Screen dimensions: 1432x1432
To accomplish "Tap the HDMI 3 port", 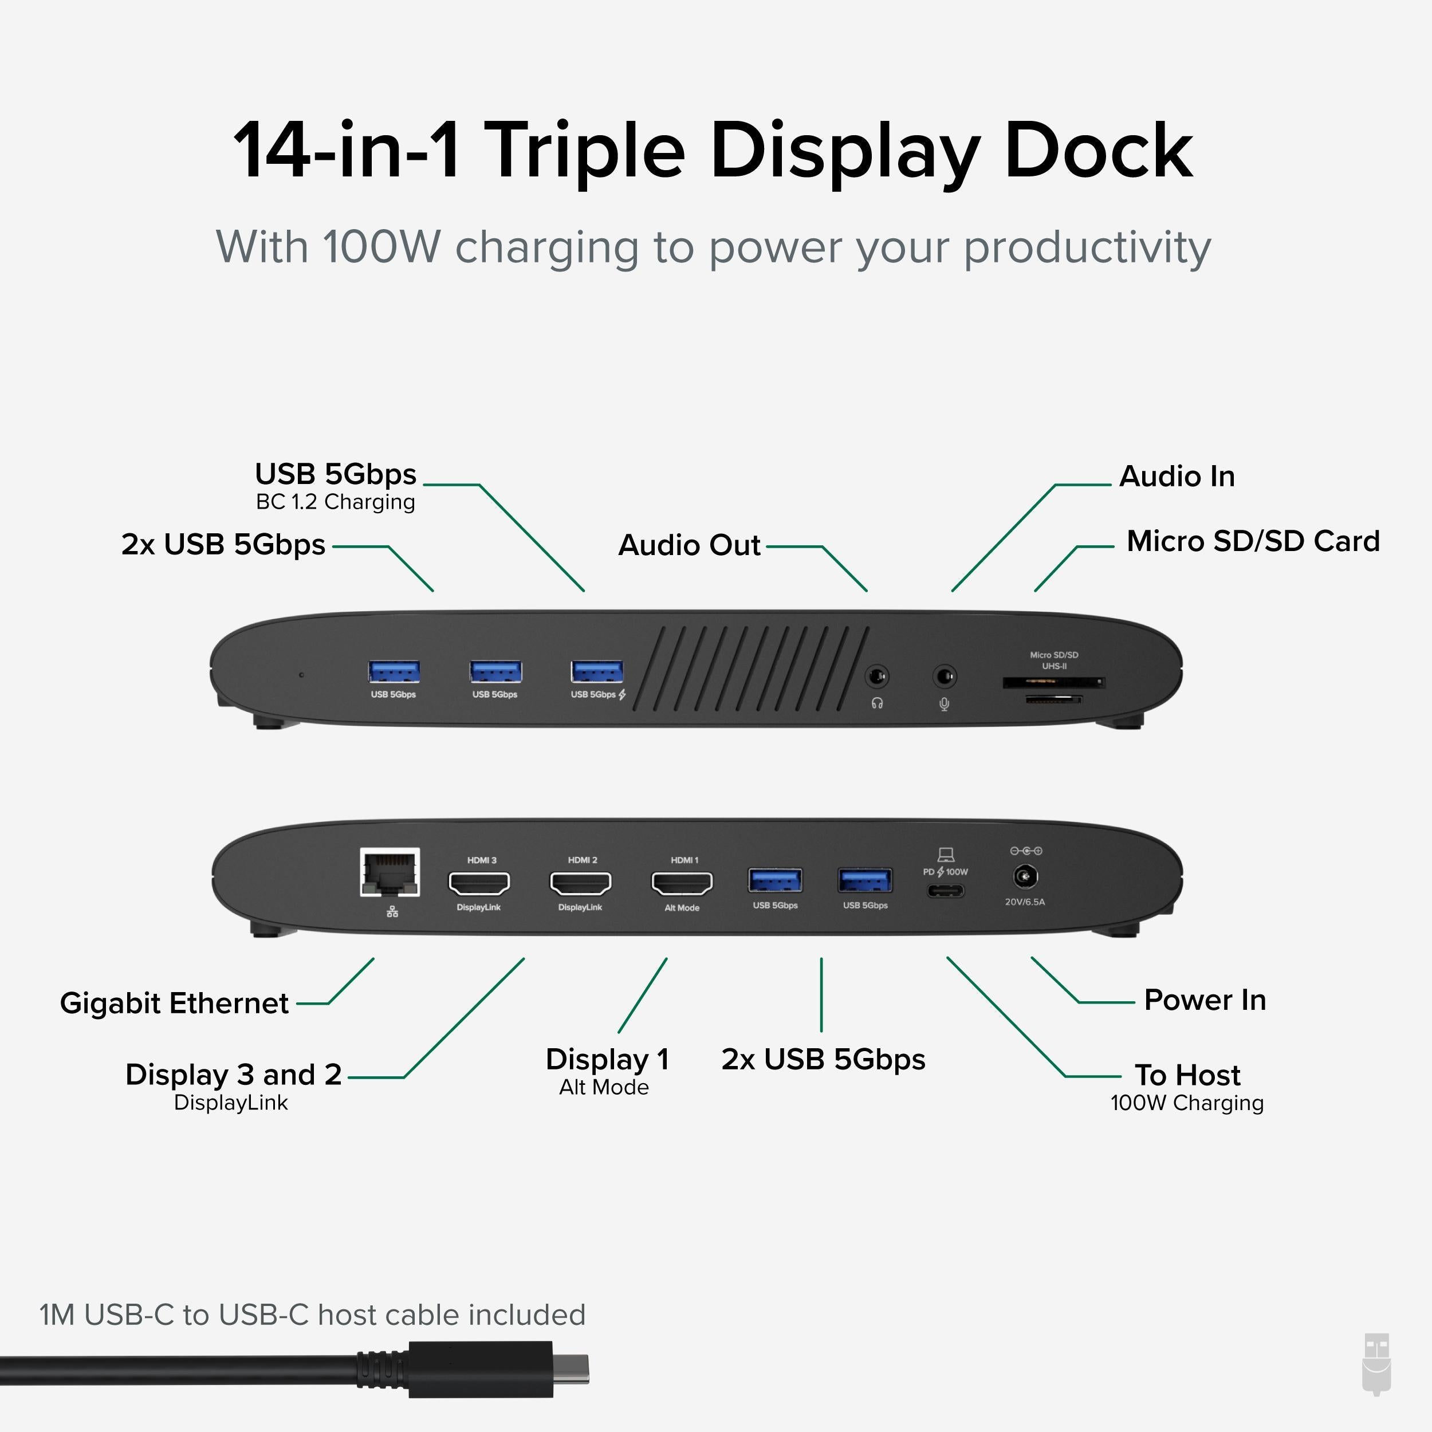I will pyautogui.click(x=479, y=883).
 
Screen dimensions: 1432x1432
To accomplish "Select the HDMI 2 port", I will pyautogui.click(x=580, y=883).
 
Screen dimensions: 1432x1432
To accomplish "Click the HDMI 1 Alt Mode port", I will pyautogui.click(x=682, y=883).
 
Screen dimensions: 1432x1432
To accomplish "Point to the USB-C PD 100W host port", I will pyautogui.click(x=946, y=890).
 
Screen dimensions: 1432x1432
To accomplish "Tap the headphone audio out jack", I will pyautogui.click(x=877, y=676).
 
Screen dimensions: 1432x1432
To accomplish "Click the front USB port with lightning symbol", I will pyautogui.click(x=597, y=671).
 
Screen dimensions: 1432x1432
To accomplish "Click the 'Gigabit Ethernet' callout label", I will pyautogui.click(x=174, y=1003).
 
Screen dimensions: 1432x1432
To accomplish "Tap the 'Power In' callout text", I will pyautogui.click(x=1205, y=1000).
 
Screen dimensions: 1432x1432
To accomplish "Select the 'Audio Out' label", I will pyautogui.click(x=689, y=545).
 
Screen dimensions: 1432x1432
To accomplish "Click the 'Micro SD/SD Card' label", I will pyautogui.click(x=1253, y=541).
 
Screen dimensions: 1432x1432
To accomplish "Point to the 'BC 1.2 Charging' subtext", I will pyautogui.click(x=335, y=502).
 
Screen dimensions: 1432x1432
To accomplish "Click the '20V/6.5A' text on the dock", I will pyautogui.click(x=1024, y=902).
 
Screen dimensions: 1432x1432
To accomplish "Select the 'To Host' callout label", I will pyautogui.click(x=1187, y=1075).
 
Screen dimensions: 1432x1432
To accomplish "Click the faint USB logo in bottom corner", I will pyautogui.click(x=1376, y=1375).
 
